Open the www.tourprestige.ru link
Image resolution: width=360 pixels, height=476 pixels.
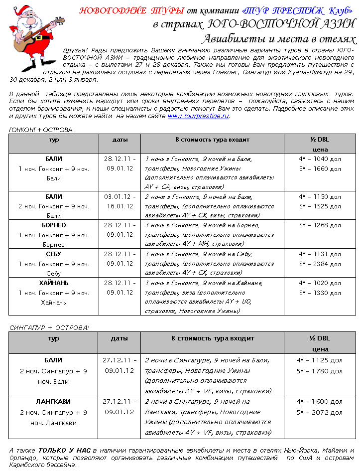(x=198, y=116)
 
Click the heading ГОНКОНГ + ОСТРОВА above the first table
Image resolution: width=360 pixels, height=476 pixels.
(x=41, y=130)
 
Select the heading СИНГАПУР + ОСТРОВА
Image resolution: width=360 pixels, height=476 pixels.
(x=49, y=327)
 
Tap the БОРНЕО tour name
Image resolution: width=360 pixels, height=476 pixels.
(x=54, y=225)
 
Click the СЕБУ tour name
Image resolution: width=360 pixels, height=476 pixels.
(x=54, y=254)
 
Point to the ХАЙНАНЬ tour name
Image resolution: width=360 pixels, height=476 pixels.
(x=54, y=283)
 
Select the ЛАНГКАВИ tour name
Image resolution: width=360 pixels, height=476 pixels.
(x=53, y=401)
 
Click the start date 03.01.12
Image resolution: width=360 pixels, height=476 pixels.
(x=119, y=196)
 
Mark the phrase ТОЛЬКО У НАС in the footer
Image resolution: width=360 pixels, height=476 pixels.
(x=65, y=451)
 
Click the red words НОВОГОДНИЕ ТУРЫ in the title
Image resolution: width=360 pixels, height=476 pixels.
(x=132, y=10)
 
